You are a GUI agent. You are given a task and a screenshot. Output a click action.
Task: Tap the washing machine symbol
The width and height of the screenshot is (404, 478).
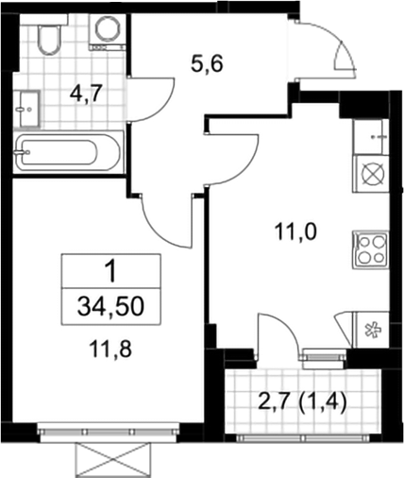coord(108,31)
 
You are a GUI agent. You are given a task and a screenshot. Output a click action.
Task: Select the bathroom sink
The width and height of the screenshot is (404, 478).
coord(27,110)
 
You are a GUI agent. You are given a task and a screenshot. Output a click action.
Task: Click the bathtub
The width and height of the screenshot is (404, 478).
coord(68,153)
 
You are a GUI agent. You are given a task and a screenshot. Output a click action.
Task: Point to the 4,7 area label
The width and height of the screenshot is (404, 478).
coord(86,94)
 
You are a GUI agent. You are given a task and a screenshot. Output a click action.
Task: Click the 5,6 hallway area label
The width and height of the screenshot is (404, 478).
coord(207,65)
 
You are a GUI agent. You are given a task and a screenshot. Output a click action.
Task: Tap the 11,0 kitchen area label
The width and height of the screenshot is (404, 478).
coord(295,232)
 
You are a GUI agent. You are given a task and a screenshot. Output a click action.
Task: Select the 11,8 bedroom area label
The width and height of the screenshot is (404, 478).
coord(109,350)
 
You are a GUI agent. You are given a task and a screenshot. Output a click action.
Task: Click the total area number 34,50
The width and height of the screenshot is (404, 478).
coord(110,306)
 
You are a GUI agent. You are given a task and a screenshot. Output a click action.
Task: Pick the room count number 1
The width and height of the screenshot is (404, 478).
coord(111,271)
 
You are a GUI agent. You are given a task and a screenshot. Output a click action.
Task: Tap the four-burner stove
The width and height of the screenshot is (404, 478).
coord(371,249)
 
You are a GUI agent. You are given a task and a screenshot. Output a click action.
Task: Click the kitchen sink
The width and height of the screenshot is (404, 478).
coord(370,137)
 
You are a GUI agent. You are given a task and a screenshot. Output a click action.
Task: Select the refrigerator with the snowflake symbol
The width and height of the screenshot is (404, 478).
coord(372,330)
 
